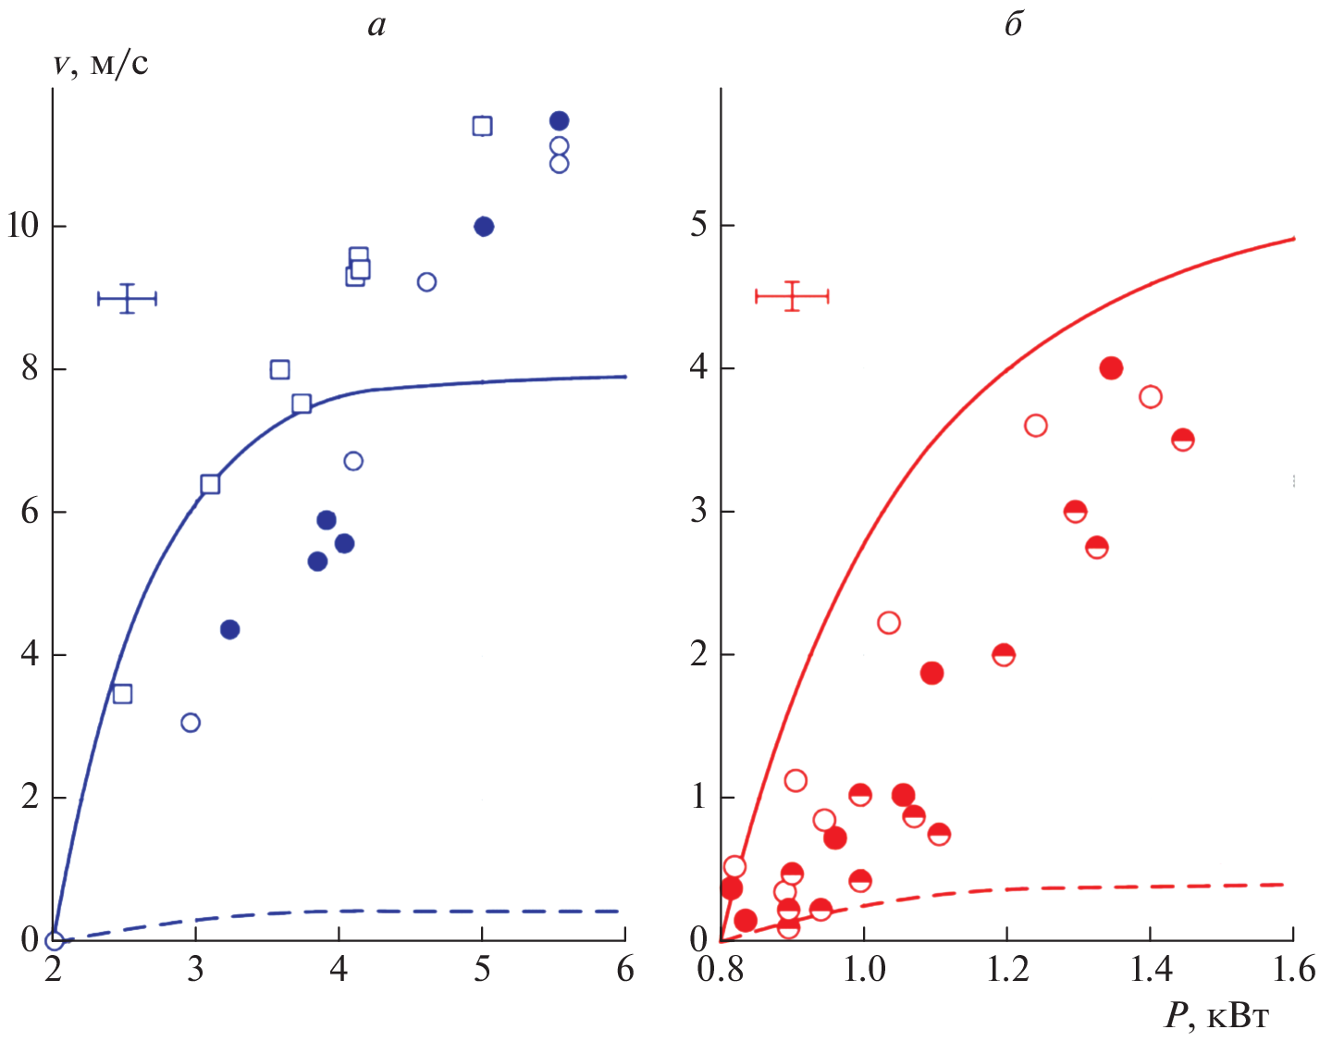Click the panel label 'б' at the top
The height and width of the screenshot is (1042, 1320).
1014,25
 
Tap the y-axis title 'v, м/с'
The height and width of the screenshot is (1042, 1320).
101,65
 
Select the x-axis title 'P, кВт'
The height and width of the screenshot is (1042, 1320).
1216,1017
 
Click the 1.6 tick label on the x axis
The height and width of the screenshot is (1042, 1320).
1292,970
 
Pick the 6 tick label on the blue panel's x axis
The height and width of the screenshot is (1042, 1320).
625,970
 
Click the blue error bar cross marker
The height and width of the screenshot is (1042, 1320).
128,298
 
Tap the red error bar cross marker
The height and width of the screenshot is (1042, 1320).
792,296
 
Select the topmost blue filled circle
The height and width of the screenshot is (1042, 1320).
559,121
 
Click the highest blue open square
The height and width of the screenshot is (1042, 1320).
482,126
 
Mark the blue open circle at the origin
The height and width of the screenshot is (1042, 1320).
55,940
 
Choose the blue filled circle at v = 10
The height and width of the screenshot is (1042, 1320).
483,227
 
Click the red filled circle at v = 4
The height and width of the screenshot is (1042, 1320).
1111,368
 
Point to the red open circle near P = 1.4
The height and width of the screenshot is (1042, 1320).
1150,397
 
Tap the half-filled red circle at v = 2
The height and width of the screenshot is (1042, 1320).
1003,655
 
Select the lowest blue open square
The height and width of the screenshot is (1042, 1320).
122,694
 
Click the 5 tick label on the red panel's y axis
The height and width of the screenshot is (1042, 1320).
699,225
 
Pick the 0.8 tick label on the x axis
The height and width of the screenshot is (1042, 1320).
720,970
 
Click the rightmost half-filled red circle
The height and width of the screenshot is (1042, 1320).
1182,440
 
